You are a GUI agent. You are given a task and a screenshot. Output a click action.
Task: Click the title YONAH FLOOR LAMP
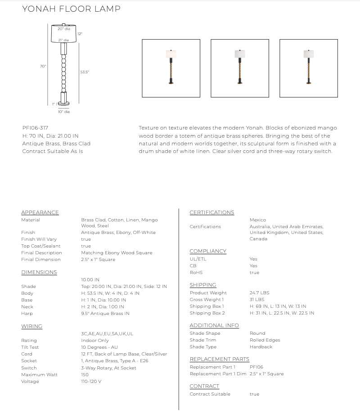71,9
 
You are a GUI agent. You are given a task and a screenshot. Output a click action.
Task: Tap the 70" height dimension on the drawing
43,66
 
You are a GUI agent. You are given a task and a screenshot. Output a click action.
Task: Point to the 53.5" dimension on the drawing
84,72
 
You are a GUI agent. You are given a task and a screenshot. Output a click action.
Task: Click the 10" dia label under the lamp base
63,112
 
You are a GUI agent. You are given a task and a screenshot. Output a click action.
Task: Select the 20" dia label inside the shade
63,29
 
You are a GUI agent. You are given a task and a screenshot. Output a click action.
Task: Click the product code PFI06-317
35,128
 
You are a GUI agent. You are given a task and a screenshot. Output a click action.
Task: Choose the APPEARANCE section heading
40,212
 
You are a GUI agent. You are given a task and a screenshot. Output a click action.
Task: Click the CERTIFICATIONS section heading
211,212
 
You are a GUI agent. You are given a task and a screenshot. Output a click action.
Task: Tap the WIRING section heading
31,326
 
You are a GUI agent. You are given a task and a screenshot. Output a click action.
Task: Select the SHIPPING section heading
202,285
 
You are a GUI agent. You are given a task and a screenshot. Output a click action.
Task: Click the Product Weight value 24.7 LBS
259,292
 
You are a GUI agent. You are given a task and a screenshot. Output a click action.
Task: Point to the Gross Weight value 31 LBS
257,299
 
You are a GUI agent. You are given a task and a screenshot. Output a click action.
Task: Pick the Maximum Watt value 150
85,374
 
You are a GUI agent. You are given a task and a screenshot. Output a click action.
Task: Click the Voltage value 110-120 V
91,382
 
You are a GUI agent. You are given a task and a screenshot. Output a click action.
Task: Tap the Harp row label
27,313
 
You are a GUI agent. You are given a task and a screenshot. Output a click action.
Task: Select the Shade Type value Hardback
261,346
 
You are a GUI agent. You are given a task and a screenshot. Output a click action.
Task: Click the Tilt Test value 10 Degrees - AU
99,347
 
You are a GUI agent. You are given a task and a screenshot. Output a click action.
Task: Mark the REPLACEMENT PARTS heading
219,359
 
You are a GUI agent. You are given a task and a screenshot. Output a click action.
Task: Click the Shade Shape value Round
257,333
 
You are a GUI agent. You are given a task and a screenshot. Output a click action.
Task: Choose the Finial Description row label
41,252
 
